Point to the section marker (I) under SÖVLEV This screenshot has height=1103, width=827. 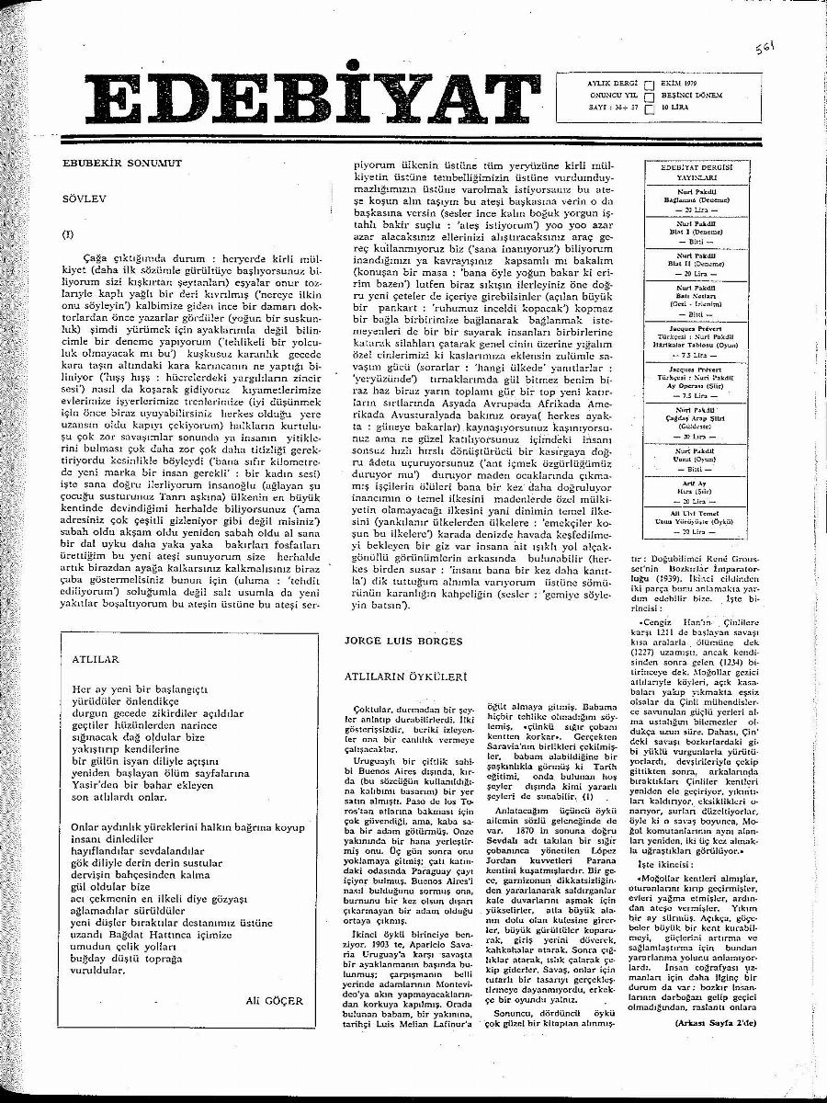67,234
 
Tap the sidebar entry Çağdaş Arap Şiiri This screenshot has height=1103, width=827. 696,420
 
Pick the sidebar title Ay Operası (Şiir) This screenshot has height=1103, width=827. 696,385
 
